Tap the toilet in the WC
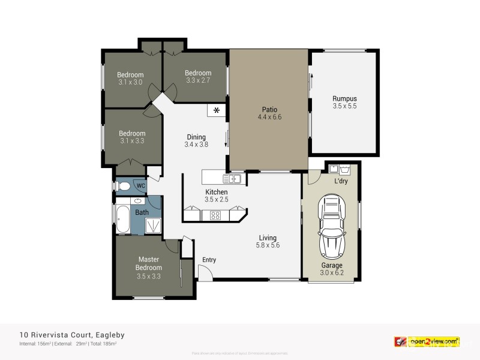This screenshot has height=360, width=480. [x=124, y=187]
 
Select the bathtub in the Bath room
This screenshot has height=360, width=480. [x=122, y=220]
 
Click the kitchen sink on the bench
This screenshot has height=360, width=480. [x=232, y=178]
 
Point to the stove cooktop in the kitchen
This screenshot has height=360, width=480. [x=215, y=215]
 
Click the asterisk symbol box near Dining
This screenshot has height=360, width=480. [x=216, y=110]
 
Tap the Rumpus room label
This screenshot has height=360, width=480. [x=344, y=98]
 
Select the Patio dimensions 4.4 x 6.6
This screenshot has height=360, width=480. [x=269, y=117]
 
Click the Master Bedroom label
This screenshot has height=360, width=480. [x=149, y=263]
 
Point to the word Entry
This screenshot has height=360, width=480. [x=209, y=260]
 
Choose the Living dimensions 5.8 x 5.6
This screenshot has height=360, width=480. [x=268, y=245]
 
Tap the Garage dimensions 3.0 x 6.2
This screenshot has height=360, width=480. [x=332, y=273]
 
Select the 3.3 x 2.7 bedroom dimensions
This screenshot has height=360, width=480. [x=198, y=80]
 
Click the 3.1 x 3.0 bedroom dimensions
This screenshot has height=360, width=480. [x=131, y=82]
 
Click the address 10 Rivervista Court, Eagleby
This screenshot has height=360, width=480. [x=72, y=335]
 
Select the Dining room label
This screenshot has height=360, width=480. [x=196, y=137]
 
